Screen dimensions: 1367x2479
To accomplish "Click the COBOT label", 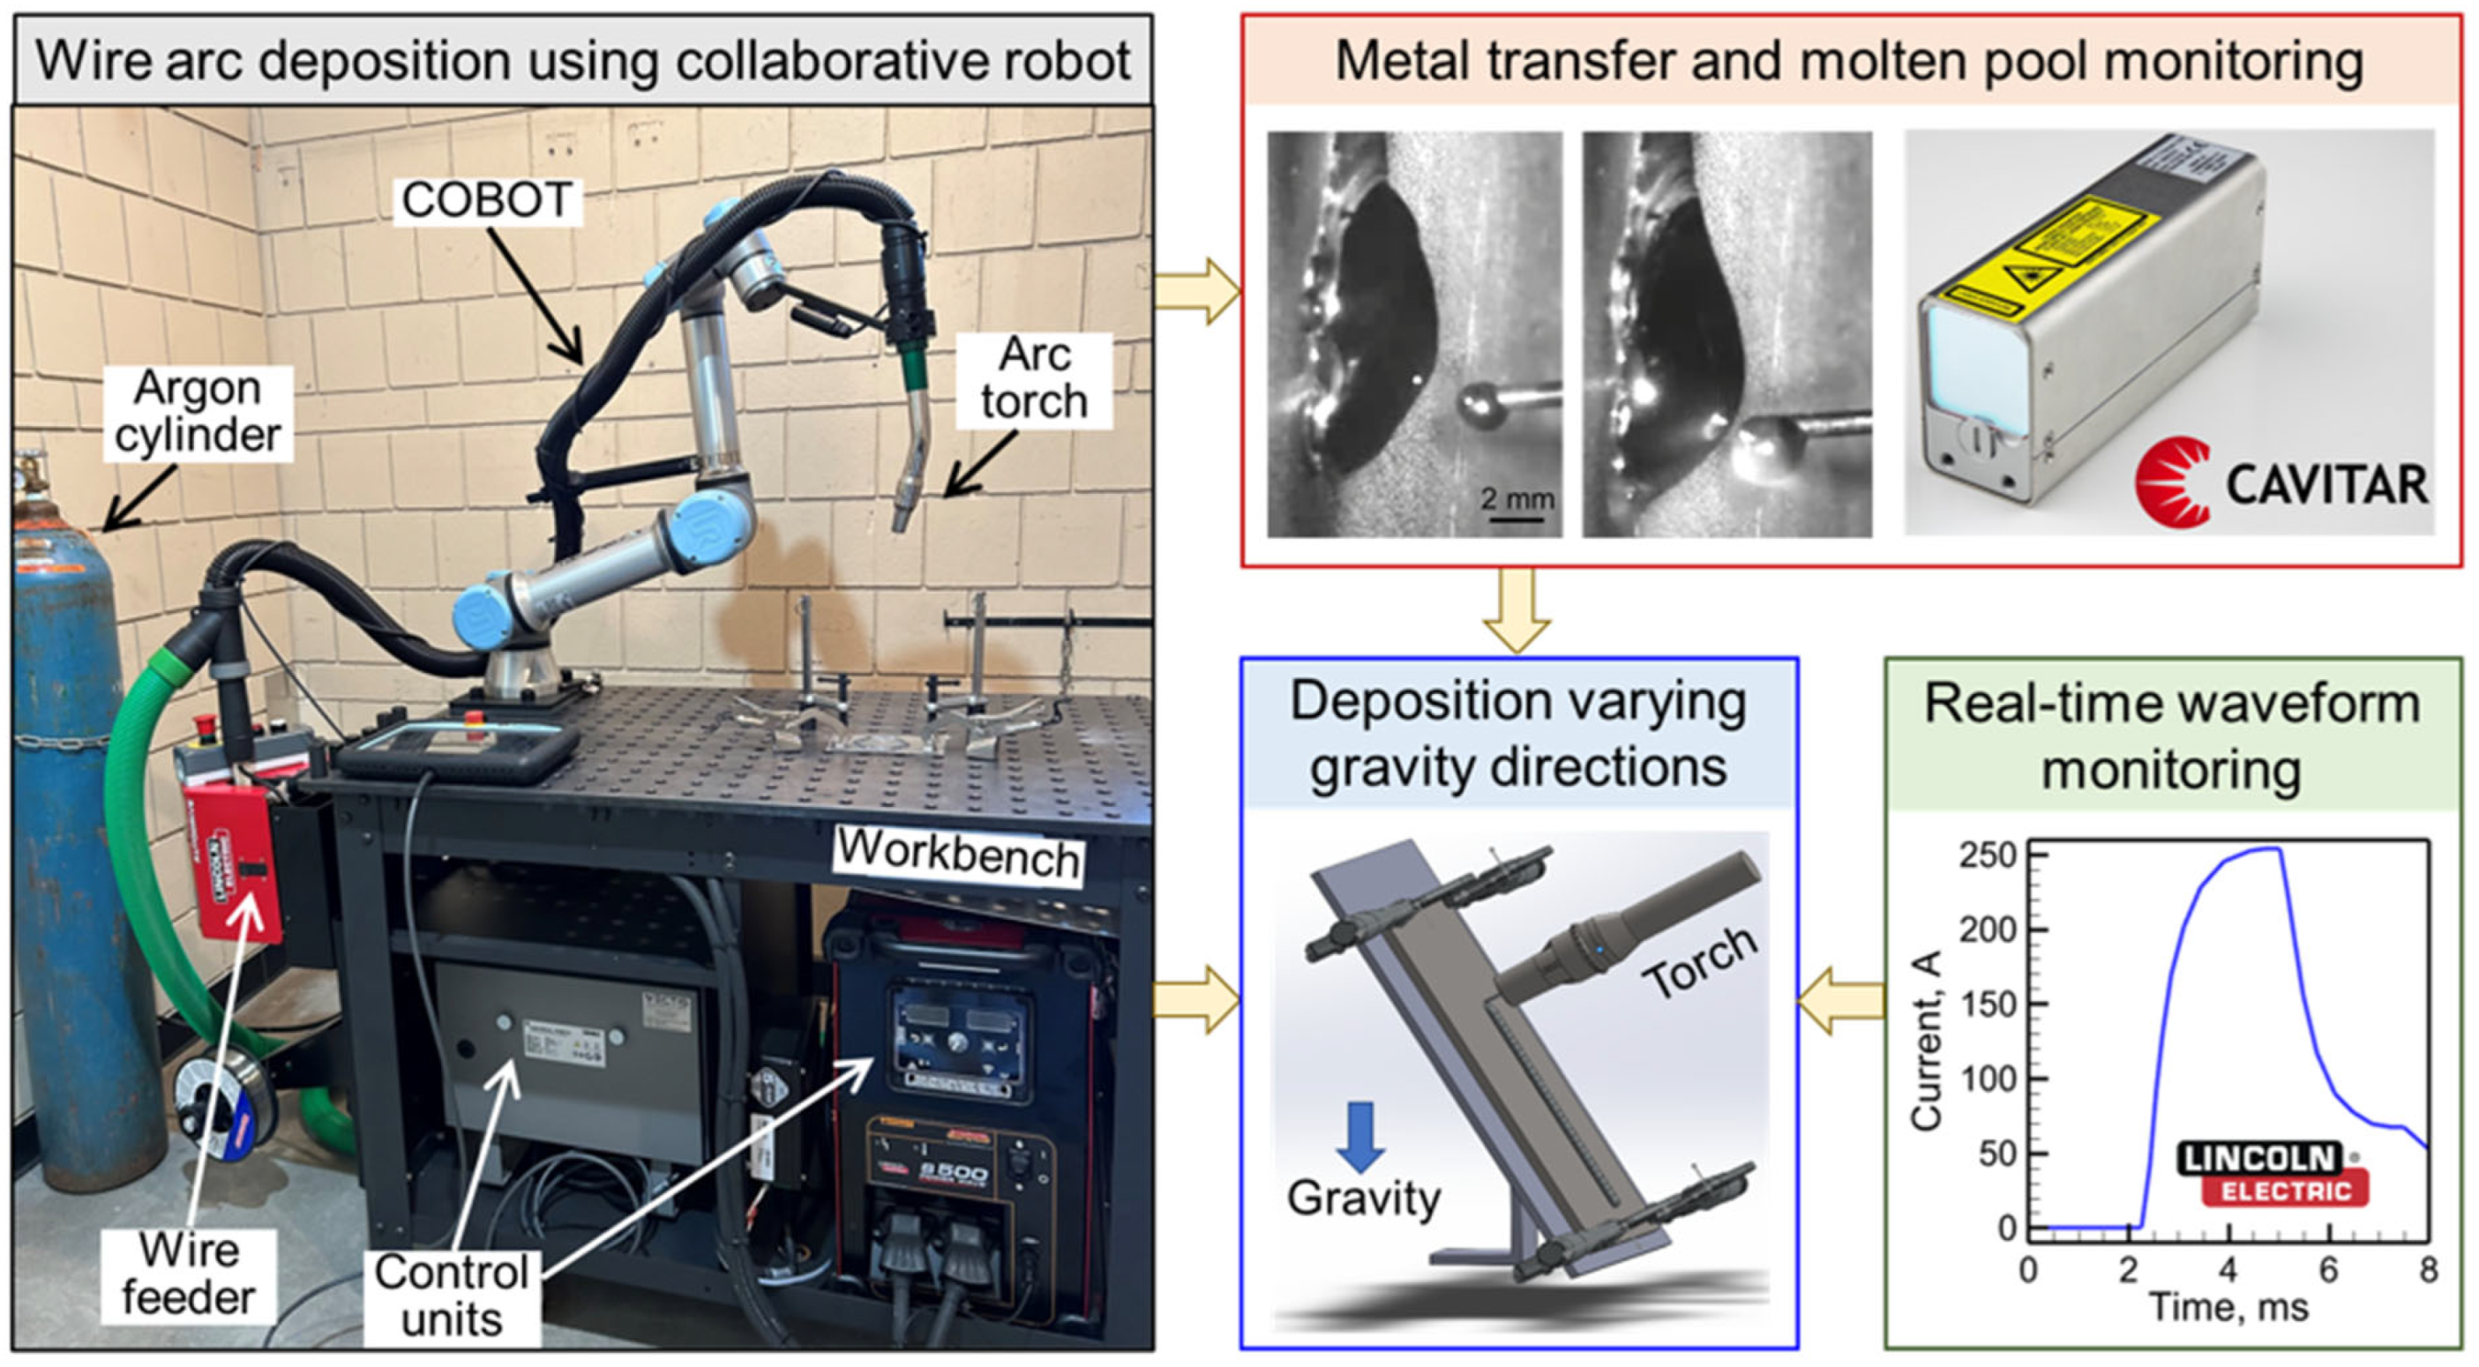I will (487, 200).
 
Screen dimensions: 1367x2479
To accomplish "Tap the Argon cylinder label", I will (198, 412).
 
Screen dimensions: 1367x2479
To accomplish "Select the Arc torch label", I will (1035, 378).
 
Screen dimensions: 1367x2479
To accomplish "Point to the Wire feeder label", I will (189, 1274).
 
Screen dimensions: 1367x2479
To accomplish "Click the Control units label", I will (452, 1296).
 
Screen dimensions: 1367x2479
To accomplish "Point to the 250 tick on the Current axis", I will (1985, 855).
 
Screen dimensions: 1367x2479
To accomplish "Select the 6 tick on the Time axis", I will (2328, 1271).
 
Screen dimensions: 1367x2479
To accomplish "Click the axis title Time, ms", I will (2228, 1308).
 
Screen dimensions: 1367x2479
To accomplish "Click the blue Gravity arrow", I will (1360, 1136).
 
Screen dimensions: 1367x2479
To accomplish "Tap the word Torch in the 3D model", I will (1702, 961).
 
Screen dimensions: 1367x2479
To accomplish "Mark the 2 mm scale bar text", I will (1517, 499).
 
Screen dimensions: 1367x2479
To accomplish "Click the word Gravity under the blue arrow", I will (1363, 1199).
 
